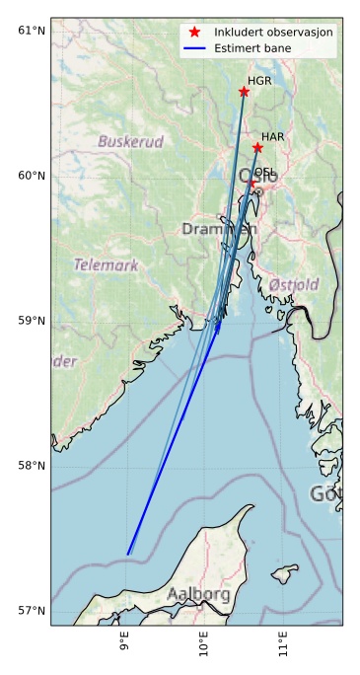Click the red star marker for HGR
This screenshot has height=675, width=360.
244,92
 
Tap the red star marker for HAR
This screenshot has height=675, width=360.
257,148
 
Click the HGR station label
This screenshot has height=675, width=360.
259,81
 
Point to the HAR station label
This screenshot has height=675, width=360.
273,136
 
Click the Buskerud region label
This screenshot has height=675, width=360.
130,142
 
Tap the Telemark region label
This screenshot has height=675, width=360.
106,265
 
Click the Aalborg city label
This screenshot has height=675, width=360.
198,595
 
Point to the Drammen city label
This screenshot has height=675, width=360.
218,229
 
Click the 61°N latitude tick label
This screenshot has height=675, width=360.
33,31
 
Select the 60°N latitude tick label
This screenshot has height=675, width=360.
33,176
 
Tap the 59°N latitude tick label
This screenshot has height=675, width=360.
33,321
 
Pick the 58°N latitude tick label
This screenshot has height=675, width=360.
33,466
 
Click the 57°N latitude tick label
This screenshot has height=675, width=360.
33,611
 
